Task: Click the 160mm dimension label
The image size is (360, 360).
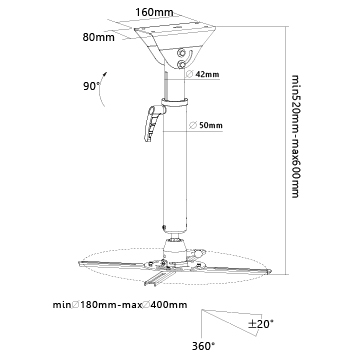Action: [x=154, y=12]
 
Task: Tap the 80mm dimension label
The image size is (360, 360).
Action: [x=98, y=37]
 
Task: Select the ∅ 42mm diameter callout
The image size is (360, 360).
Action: [x=202, y=75]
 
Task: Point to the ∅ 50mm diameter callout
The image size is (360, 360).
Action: [x=205, y=126]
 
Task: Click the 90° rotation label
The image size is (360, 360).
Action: [x=91, y=86]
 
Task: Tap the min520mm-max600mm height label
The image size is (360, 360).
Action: [x=296, y=136]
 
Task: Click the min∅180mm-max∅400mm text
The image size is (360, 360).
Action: [x=120, y=305]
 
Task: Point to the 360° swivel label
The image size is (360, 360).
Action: [x=203, y=346]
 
